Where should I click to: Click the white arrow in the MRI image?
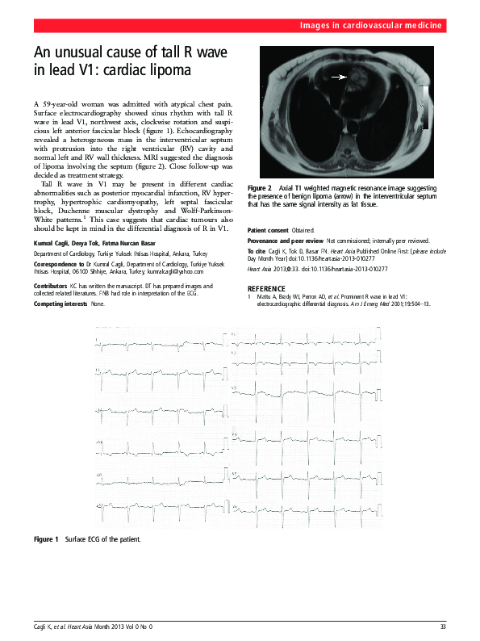coord(339,78)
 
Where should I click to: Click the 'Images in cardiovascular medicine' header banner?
coord(370,27)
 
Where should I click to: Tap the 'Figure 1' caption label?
coord(45,538)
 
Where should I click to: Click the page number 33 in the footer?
coord(442,626)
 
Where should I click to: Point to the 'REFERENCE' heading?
coord(266,288)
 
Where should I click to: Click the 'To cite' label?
coord(258,252)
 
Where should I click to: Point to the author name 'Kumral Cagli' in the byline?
coord(51,242)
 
